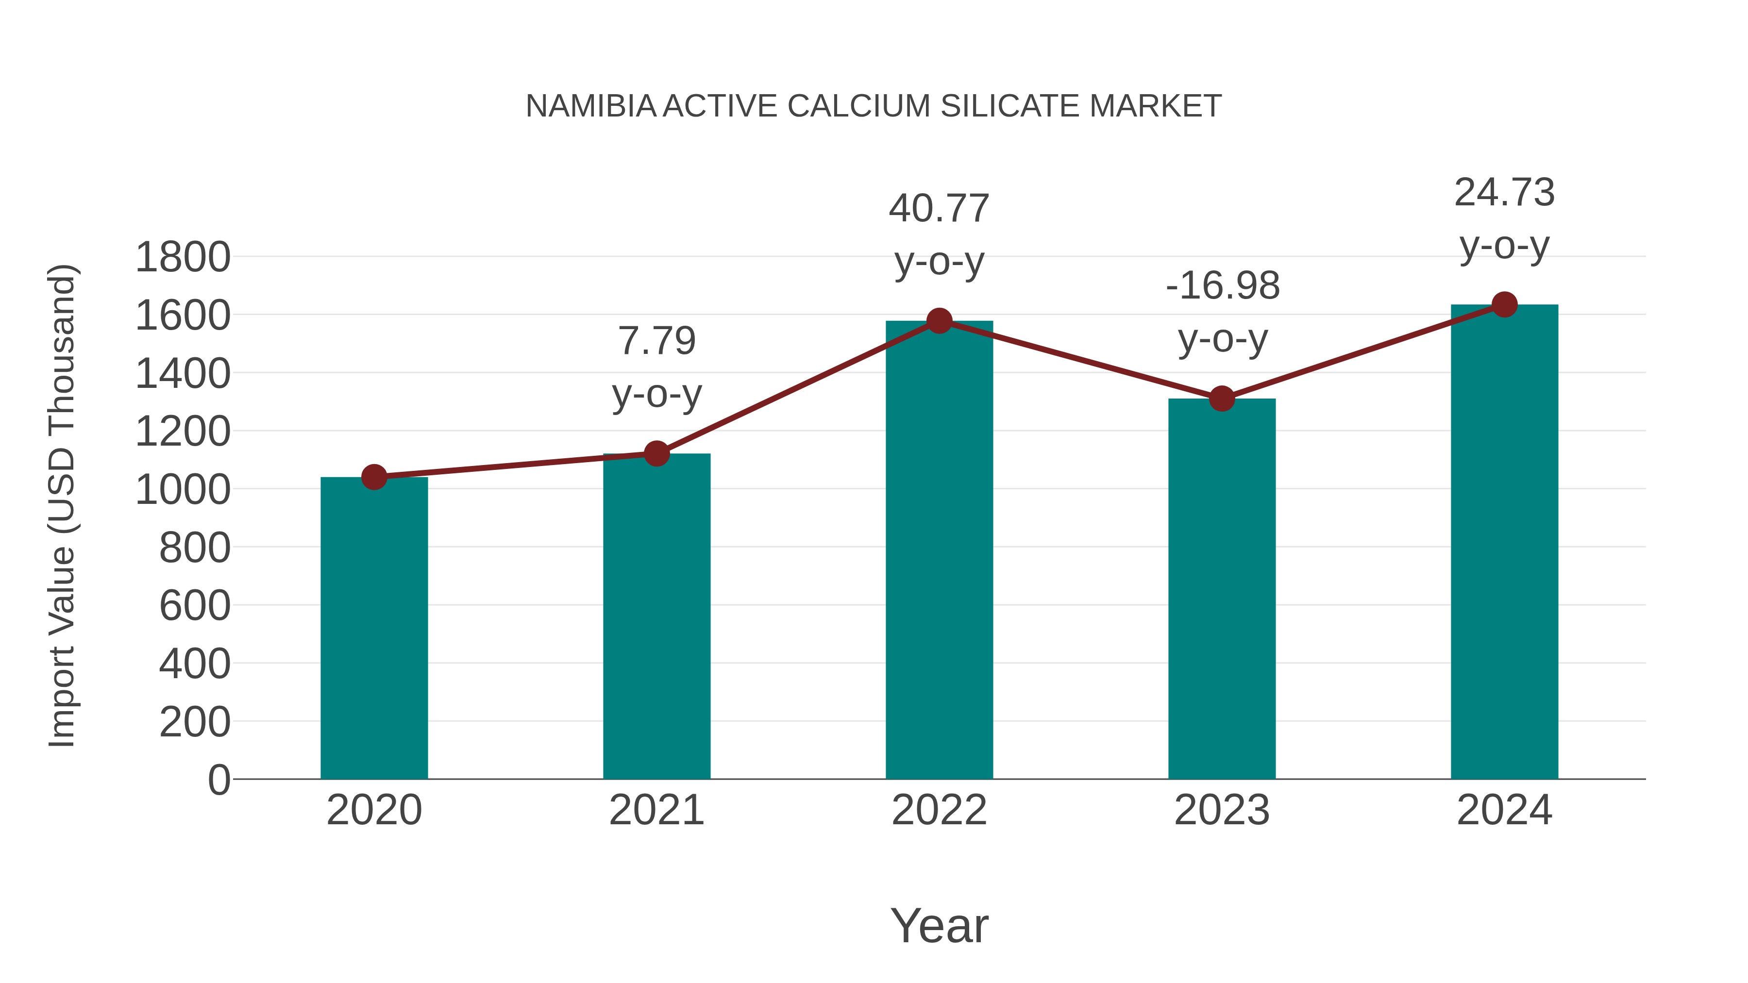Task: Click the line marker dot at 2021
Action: pyautogui.click(x=656, y=453)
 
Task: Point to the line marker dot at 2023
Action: pyautogui.click(x=1222, y=399)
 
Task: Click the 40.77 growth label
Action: pyautogui.click(x=939, y=209)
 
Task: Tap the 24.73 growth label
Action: pyautogui.click(x=1504, y=193)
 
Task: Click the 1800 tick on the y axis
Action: pyautogui.click(x=183, y=258)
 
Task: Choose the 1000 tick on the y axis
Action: pyautogui.click(x=183, y=490)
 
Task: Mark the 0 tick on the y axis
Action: pyautogui.click(x=218, y=780)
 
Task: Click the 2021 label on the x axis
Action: pyautogui.click(x=656, y=811)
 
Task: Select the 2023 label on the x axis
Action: pyautogui.click(x=1222, y=811)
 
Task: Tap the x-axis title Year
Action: pyautogui.click(x=939, y=926)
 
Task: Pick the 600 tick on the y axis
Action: pyautogui.click(x=194, y=606)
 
